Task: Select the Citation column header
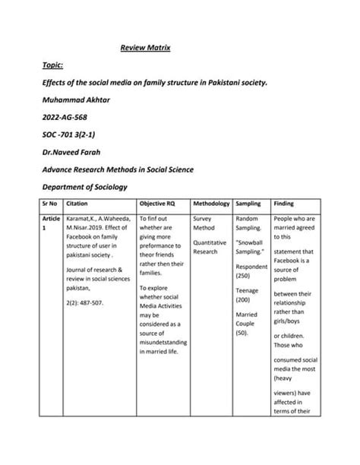tap(79, 204)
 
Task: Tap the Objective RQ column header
tap(158, 204)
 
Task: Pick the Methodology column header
tap(211, 204)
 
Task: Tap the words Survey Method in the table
tap(207, 223)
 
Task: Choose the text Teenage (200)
tap(249, 296)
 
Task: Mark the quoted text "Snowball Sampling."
tap(251, 247)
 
